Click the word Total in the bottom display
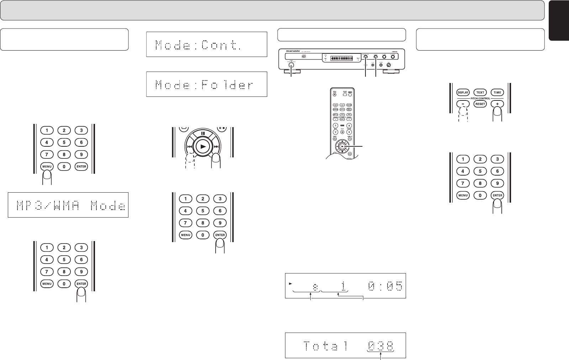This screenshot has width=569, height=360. click(x=325, y=346)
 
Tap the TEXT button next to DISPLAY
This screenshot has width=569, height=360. click(x=480, y=93)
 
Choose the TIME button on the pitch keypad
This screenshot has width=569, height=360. click(x=497, y=93)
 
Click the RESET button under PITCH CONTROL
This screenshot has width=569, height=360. click(x=480, y=104)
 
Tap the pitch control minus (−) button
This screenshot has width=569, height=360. click(x=463, y=104)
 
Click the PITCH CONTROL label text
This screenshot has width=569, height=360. click(x=480, y=98)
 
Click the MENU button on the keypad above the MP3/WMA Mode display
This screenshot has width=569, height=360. click(x=47, y=166)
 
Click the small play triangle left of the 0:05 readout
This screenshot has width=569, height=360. click(x=290, y=284)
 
